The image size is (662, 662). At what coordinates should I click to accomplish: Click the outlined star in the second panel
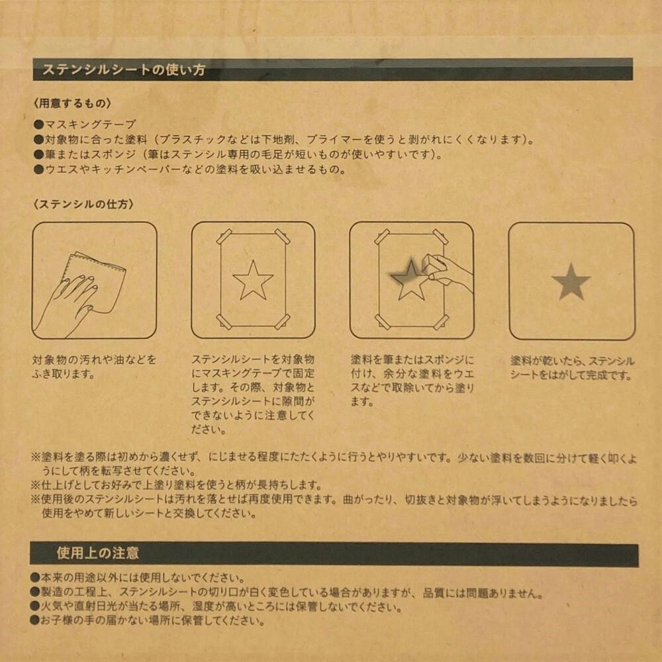click(x=253, y=280)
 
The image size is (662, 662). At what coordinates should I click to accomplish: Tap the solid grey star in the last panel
click(x=571, y=281)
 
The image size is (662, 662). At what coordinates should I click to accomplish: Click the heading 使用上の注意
click(x=97, y=553)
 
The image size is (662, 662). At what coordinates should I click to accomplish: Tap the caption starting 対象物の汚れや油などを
click(x=94, y=367)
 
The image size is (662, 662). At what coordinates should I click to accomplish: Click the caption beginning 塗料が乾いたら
click(x=572, y=368)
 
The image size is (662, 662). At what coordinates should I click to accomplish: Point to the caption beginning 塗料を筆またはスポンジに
click(x=412, y=380)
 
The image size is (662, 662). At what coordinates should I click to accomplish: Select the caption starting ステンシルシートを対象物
click(x=253, y=394)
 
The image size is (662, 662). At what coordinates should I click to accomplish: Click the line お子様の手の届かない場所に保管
click(x=152, y=620)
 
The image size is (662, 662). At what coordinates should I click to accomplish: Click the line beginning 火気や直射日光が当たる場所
click(x=218, y=606)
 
